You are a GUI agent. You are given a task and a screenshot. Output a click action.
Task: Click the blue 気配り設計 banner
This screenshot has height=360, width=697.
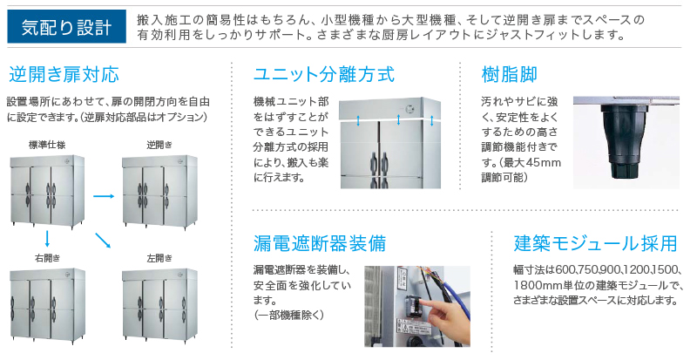(x=67, y=27)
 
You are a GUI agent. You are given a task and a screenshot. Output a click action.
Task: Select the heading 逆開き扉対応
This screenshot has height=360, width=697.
(x=64, y=74)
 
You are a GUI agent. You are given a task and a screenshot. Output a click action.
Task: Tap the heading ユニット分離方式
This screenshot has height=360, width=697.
(x=323, y=74)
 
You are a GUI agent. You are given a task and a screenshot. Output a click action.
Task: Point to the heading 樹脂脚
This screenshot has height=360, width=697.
(x=510, y=74)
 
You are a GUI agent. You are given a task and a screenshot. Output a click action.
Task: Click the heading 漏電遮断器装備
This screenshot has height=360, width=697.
(x=320, y=243)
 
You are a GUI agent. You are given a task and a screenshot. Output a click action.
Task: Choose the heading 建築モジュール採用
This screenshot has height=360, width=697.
(x=596, y=243)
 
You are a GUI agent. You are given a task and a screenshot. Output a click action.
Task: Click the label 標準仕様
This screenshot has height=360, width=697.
(x=47, y=145)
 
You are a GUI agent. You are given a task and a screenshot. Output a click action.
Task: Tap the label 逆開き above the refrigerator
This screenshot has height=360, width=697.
(x=159, y=145)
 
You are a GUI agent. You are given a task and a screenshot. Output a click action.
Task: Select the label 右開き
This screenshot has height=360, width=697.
(x=48, y=258)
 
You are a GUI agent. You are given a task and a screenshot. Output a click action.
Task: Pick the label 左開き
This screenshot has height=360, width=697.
(x=159, y=258)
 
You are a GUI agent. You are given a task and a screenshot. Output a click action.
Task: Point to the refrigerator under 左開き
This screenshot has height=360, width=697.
(x=160, y=305)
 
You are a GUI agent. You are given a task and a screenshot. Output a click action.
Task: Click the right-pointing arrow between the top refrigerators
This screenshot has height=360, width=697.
(x=104, y=196)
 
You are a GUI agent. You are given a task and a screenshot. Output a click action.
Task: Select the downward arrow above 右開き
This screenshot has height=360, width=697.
(x=47, y=239)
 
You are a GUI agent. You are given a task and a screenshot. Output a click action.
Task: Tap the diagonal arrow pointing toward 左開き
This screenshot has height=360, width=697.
(x=103, y=241)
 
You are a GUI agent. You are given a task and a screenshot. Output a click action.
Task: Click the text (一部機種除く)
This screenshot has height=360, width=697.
(x=289, y=315)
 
